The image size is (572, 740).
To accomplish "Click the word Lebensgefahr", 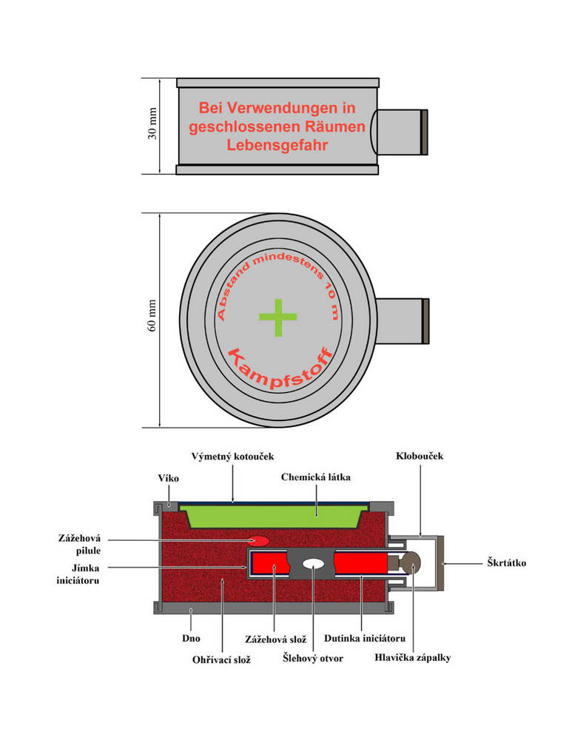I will [277, 146].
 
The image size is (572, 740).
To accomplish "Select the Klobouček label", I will [419, 456].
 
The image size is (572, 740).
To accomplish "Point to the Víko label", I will [166, 479].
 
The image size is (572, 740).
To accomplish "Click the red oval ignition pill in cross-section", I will [258, 542].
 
